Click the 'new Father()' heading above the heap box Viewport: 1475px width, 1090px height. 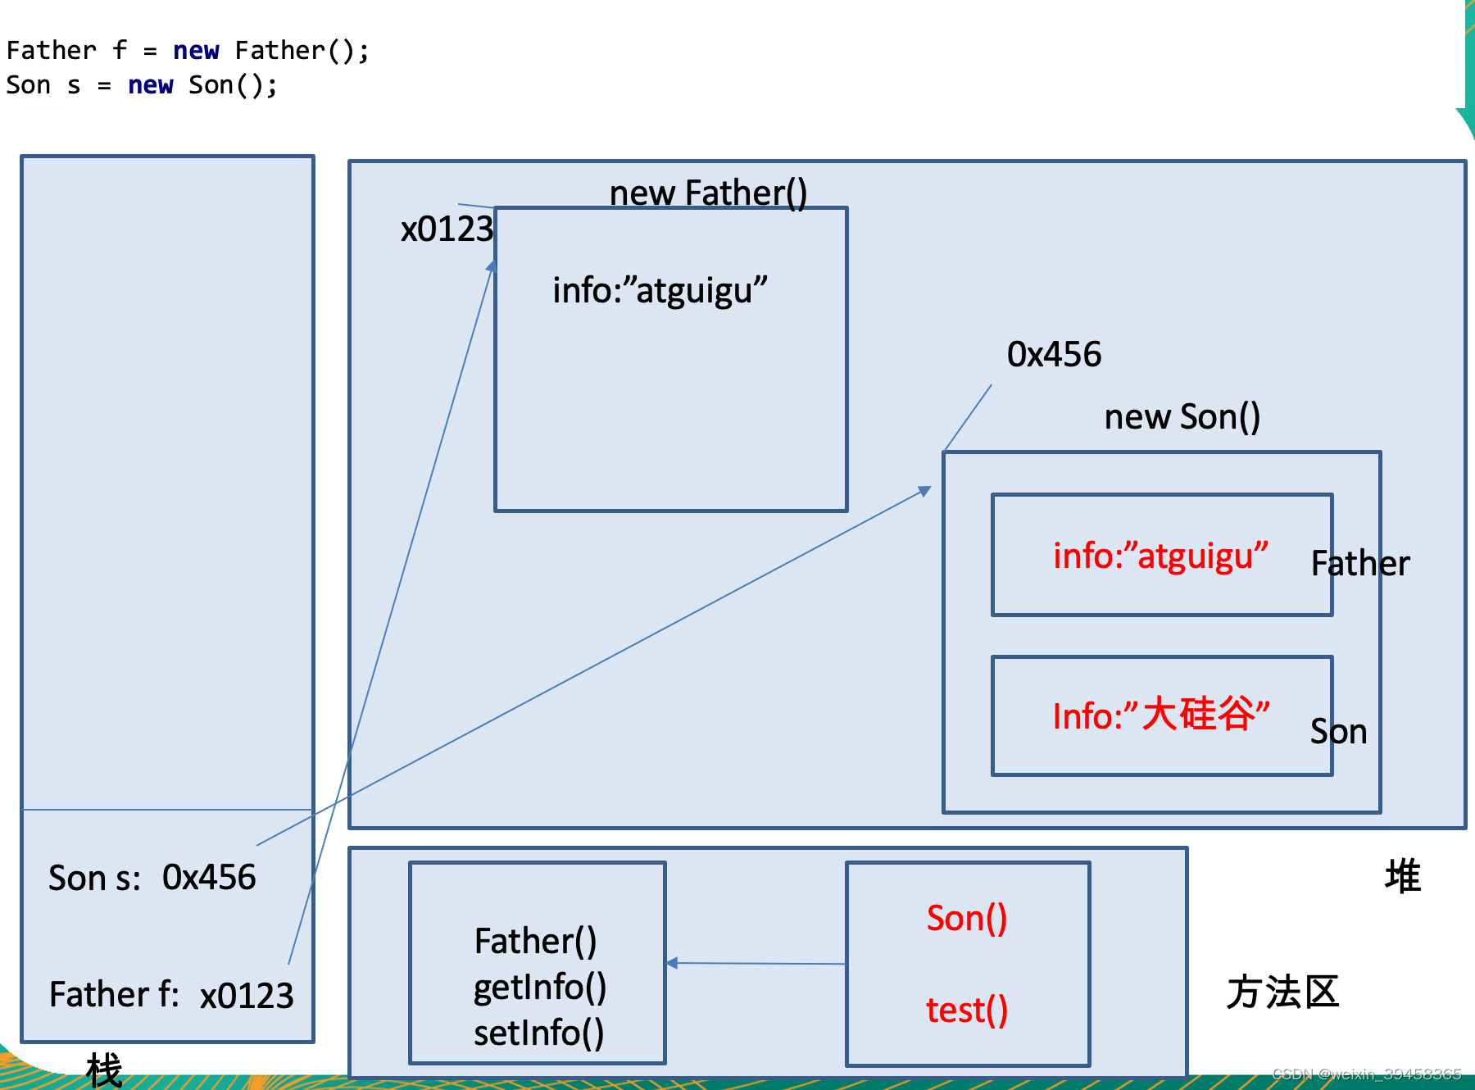[x=708, y=193]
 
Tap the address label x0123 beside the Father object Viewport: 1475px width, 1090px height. [x=447, y=229]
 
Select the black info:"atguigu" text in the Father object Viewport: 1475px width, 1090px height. [x=660, y=290]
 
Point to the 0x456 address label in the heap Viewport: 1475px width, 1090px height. [x=1054, y=354]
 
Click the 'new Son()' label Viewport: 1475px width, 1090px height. [x=1182, y=417]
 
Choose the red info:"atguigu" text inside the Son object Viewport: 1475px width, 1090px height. [x=1160, y=556]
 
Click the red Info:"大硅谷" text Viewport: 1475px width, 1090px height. [x=1160, y=715]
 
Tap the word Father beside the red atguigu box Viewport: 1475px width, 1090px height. [x=1360, y=564]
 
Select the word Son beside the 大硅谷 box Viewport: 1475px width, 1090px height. [x=1338, y=731]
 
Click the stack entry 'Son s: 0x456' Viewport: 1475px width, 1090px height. [x=152, y=878]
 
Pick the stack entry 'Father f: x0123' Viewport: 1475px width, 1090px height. [x=170, y=995]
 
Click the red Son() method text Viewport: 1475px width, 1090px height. [x=967, y=918]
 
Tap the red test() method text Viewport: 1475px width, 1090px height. [x=967, y=1010]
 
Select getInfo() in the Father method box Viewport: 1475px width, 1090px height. [x=539, y=988]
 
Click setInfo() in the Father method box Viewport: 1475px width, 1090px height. [x=538, y=1033]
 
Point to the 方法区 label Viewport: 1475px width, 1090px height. [x=1282, y=992]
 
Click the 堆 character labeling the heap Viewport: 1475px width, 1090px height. [x=1402, y=876]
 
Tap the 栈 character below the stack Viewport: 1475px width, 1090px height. [x=104, y=1070]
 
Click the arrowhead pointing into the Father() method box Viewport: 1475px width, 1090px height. [x=673, y=963]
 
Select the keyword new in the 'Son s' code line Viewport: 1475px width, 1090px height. [x=150, y=85]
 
